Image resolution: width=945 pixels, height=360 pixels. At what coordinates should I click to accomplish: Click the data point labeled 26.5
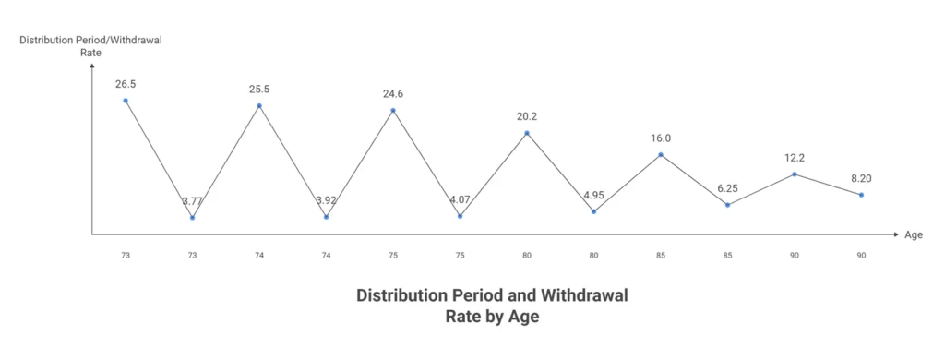click(x=126, y=101)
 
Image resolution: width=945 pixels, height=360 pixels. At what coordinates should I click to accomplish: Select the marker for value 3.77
click(x=192, y=218)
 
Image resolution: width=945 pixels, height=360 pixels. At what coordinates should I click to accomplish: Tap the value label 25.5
click(x=259, y=90)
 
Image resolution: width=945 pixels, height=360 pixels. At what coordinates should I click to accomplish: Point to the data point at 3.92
click(x=326, y=217)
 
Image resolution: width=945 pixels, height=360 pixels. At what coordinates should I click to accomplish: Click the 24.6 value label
click(x=393, y=94)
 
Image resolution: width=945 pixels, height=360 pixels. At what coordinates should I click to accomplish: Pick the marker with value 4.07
click(x=460, y=216)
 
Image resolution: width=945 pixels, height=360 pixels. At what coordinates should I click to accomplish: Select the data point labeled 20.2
click(x=527, y=133)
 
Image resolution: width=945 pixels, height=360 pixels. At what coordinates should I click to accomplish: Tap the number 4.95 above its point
click(x=593, y=195)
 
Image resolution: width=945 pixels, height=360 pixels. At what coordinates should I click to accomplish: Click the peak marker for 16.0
click(x=661, y=154)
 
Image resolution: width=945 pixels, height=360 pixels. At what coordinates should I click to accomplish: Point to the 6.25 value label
click(x=727, y=187)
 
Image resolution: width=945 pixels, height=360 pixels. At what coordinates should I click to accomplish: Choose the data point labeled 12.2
click(x=795, y=174)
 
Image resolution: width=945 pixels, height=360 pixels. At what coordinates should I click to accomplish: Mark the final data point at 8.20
click(x=861, y=195)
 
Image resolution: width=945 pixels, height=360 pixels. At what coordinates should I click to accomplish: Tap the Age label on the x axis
click(x=914, y=235)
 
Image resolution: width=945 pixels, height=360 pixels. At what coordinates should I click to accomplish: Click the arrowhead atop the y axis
click(x=92, y=66)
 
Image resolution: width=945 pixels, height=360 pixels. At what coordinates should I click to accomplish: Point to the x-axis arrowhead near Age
click(x=894, y=234)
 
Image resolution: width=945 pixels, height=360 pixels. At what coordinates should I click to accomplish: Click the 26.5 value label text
click(x=126, y=84)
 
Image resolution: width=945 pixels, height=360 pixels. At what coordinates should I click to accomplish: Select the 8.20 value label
click(x=861, y=178)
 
